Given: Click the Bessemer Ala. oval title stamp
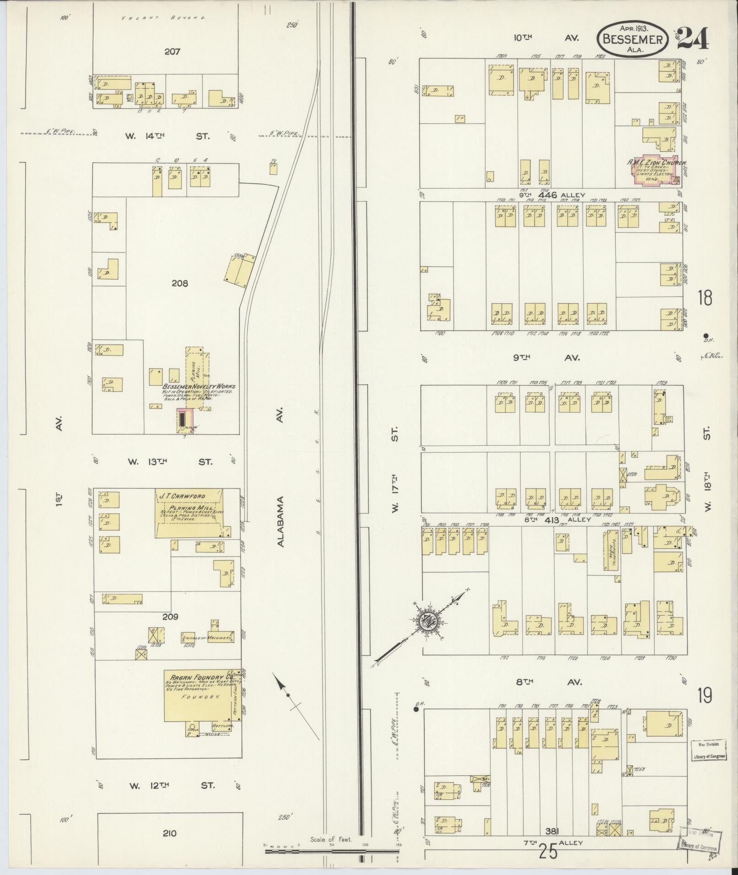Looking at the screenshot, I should pos(633,38).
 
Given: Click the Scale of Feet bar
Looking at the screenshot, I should pos(332,852).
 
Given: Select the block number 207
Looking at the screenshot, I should pos(172,52).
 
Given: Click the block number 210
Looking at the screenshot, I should pos(169,833).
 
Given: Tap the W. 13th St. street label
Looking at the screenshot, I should pos(170,462).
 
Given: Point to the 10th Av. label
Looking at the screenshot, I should pos(546,38).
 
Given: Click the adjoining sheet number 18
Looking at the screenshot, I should pos(705,298).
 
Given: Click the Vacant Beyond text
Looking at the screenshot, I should pos(163,18).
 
